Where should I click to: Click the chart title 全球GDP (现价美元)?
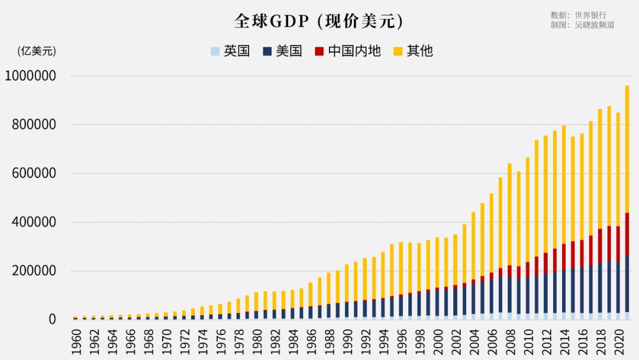point(319,21)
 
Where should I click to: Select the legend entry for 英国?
point(230,51)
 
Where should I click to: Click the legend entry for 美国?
point(282,51)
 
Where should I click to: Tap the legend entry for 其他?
point(413,51)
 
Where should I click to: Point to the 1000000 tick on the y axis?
point(30,76)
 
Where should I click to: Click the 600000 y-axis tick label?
point(34,173)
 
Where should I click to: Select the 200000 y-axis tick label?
point(34,271)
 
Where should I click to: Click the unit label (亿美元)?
point(37,51)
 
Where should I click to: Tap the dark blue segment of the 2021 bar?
point(627,284)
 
